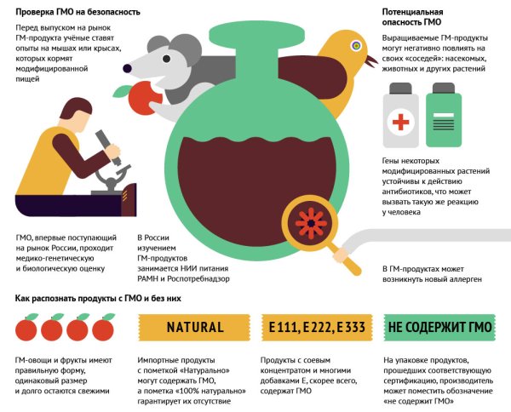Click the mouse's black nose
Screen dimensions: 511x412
pos(127,68)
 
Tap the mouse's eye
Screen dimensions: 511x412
pos(167,59)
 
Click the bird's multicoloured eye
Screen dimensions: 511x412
pos(357,46)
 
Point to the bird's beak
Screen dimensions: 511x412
pos(371,61)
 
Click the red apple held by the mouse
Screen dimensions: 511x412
pos(143,98)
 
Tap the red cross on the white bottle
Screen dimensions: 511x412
pos(401,122)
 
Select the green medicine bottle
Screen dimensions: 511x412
pos(444,115)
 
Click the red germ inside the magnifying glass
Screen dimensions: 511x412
pos(311,223)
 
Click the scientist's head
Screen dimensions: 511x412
pos(78,112)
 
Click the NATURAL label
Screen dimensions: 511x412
pos(194,328)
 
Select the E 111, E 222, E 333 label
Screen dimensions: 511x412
pos(317,328)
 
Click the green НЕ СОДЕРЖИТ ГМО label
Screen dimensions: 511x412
pos(439,328)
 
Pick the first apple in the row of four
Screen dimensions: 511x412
pos(26,329)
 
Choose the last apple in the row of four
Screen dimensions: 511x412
pos(103,329)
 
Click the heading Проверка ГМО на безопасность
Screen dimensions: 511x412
pos(78,12)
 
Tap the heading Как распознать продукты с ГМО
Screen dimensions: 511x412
pos(98,298)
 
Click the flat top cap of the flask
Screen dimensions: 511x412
pos(257,34)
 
